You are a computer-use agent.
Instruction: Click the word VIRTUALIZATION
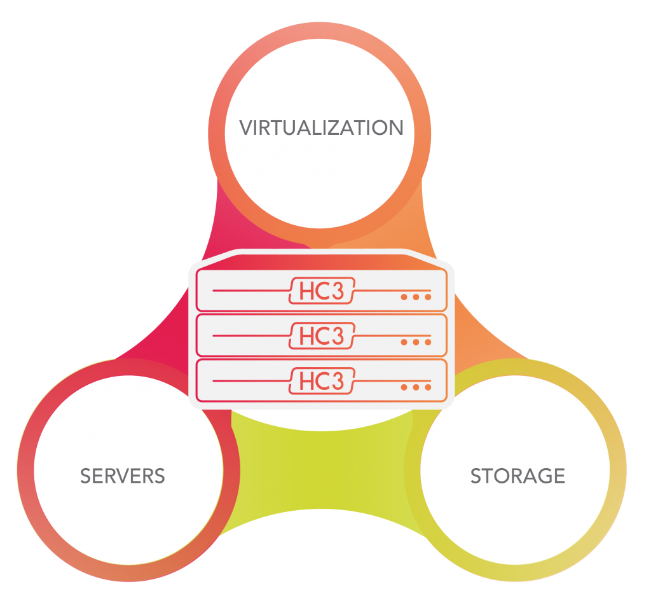pos(321,128)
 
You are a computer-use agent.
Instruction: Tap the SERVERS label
pos(123,476)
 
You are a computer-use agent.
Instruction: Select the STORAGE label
pos(517,476)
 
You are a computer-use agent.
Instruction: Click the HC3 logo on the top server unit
pos(322,291)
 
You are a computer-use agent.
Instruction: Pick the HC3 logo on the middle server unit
pos(322,336)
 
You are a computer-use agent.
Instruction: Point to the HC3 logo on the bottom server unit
pos(322,381)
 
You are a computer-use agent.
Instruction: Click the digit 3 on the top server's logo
pos(338,291)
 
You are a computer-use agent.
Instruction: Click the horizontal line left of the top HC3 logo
pos(248,291)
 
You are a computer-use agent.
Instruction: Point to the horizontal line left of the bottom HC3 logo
pos(248,381)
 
